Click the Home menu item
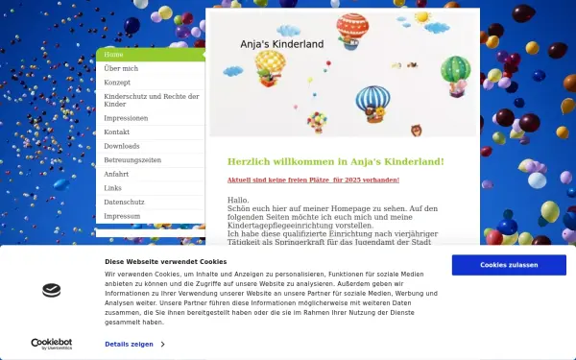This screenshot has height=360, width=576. pyautogui.click(x=113, y=55)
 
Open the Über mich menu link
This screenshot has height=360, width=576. pyautogui.click(x=121, y=69)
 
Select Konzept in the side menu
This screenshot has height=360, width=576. pyautogui.click(x=117, y=83)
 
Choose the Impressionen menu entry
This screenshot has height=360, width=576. pyautogui.click(x=126, y=118)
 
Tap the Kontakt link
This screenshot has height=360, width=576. pyautogui.click(x=117, y=132)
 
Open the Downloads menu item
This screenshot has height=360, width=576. pyautogui.click(x=122, y=146)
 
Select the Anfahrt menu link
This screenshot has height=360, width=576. pyautogui.click(x=117, y=174)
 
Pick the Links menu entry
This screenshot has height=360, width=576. pyautogui.click(x=113, y=188)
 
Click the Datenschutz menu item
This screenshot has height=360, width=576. pyautogui.click(x=124, y=203)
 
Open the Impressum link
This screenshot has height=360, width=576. pyautogui.click(x=122, y=216)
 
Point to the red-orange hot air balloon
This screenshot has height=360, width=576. pyautogui.click(x=352, y=32)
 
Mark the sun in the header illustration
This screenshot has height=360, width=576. pyautogui.click(x=422, y=17)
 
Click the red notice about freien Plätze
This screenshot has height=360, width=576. pyautogui.click(x=313, y=180)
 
